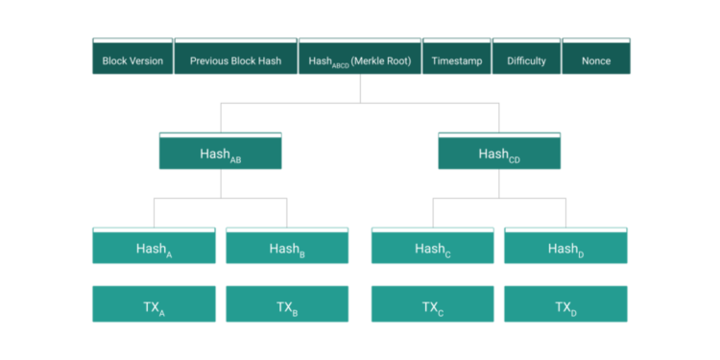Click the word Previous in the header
(x=210, y=60)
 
